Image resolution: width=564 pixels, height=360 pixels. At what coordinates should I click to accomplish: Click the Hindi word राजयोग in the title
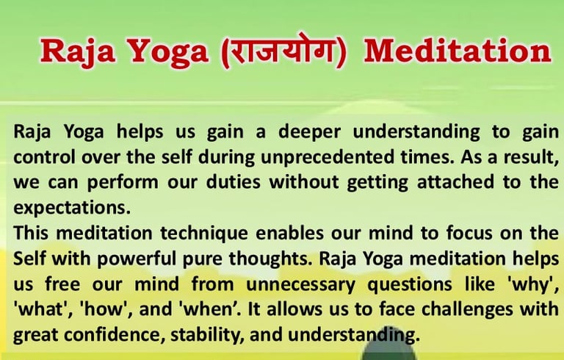click(283, 50)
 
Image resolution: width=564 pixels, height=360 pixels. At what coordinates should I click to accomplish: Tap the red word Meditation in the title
click(458, 51)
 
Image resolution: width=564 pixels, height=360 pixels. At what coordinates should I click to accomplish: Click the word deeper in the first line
click(309, 132)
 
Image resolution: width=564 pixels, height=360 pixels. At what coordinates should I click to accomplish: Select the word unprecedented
click(327, 157)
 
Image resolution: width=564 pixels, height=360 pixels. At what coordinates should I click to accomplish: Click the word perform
click(123, 183)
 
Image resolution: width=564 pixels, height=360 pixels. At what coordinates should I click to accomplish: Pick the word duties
click(233, 181)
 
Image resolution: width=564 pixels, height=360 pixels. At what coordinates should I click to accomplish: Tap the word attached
click(455, 181)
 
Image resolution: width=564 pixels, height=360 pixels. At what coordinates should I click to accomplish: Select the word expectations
click(72, 208)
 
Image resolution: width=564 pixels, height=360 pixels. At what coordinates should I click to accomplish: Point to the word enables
click(289, 233)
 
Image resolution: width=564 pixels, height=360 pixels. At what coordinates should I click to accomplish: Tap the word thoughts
click(270, 259)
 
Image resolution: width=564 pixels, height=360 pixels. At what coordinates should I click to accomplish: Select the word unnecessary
click(300, 285)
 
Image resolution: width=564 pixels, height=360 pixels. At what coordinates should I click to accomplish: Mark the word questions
click(410, 285)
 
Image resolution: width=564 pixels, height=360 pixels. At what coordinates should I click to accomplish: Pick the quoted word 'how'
click(106, 309)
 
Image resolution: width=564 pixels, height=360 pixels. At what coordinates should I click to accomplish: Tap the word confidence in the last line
click(112, 335)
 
